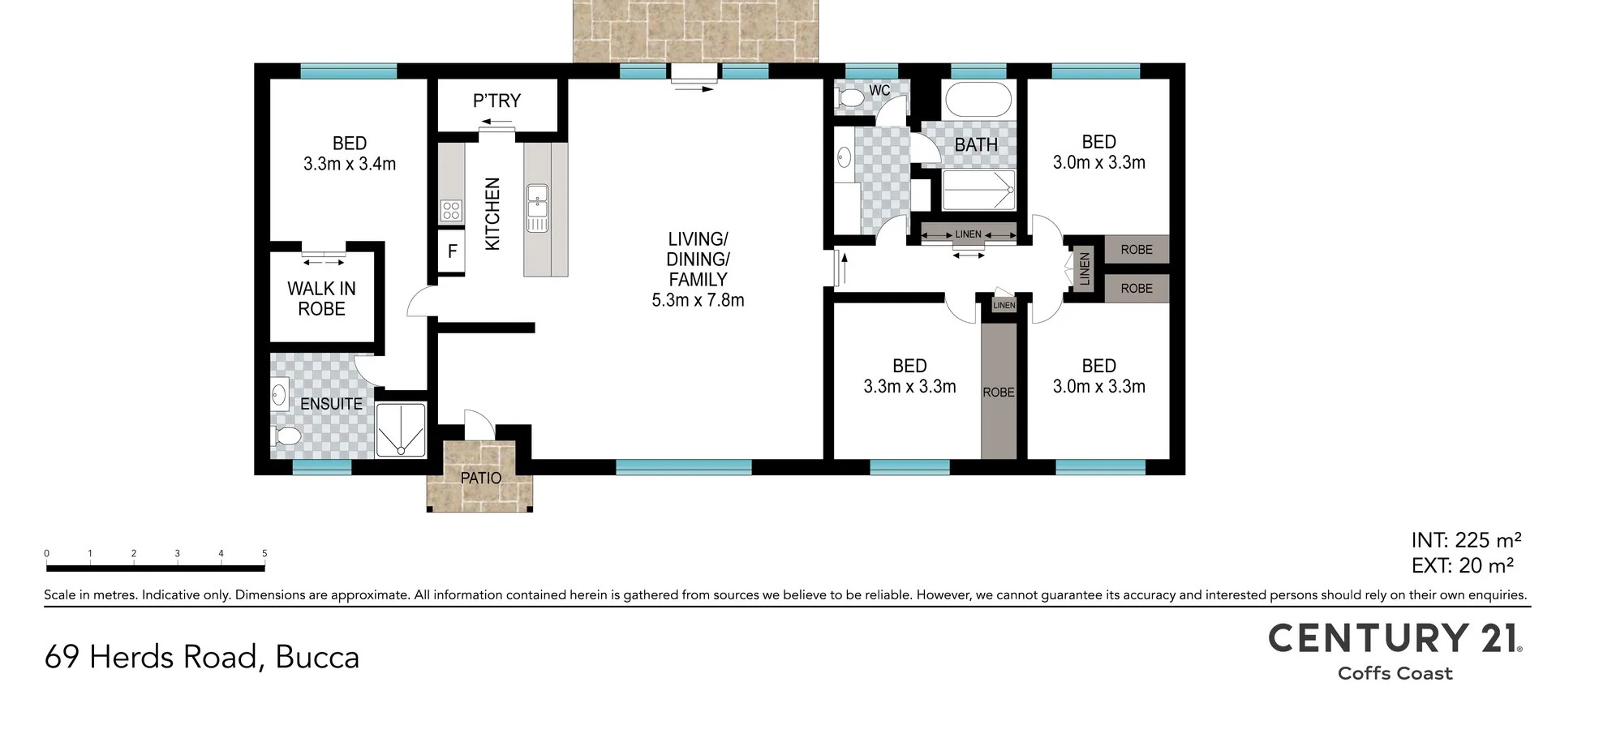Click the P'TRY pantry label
coord(496,101)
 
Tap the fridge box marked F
coord(452,251)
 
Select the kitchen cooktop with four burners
coord(451,211)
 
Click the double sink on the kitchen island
coord(537,208)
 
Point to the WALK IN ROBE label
coord(322,298)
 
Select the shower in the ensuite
coord(402,430)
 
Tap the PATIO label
coord(481,478)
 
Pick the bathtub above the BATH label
coord(978,100)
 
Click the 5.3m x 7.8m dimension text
coord(698,300)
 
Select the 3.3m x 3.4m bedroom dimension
coord(350,164)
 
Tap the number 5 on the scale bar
coord(264,553)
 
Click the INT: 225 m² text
coord(1466,540)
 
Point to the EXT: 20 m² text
coord(1463,565)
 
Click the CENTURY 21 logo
coord(1395,638)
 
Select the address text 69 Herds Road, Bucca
coord(202,657)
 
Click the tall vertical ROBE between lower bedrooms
coord(999,392)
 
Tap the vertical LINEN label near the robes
coord(1085,268)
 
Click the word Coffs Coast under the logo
coord(1395,673)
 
